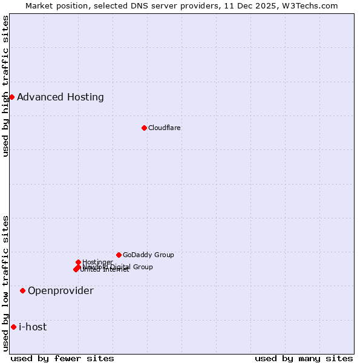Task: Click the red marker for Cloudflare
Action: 144,128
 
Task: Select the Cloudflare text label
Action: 164,128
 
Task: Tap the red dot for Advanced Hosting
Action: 11,97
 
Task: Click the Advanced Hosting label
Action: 60,97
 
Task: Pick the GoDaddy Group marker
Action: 119,255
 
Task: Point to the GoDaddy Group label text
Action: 148,255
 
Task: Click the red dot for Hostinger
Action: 78,262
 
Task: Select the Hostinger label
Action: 97,262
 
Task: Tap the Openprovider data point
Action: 22,290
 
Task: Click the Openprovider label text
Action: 60,290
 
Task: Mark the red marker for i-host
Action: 13,327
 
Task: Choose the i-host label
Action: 33,327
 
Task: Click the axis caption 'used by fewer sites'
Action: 62,358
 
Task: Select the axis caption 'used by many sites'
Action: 304,358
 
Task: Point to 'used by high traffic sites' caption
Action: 5,86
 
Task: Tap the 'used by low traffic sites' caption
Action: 5,283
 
